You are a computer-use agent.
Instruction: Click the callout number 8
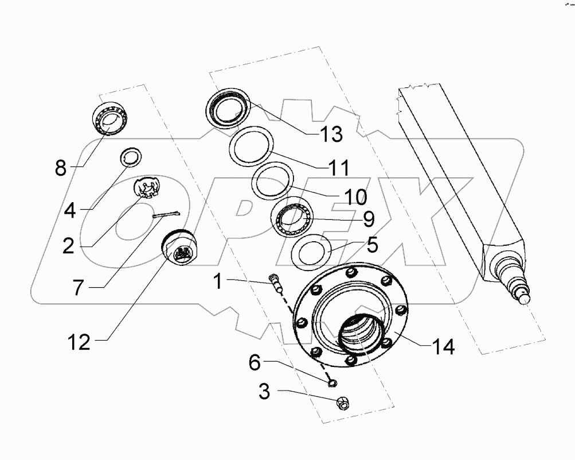pos(61,169)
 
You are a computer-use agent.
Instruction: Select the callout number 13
pos(331,134)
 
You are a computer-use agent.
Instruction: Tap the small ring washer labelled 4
pos(131,156)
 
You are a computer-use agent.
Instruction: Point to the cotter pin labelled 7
pos(166,214)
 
